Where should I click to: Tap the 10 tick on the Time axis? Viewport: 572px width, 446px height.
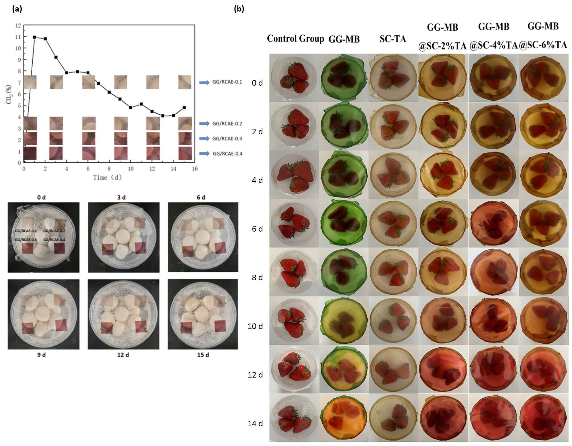[x=130, y=169]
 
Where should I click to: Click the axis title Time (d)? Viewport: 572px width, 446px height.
[x=107, y=178]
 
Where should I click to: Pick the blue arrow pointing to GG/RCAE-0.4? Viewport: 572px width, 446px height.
[x=204, y=154]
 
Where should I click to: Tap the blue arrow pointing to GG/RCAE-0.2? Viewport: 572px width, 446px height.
[x=204, y=123]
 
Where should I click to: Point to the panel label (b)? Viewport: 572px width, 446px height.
[x=239, y=9]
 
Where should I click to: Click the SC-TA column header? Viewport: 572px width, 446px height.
[x=393, y=39]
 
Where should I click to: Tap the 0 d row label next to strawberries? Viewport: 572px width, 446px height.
[x=257, y=83]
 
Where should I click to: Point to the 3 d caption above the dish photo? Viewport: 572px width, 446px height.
[x=121, y=197]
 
